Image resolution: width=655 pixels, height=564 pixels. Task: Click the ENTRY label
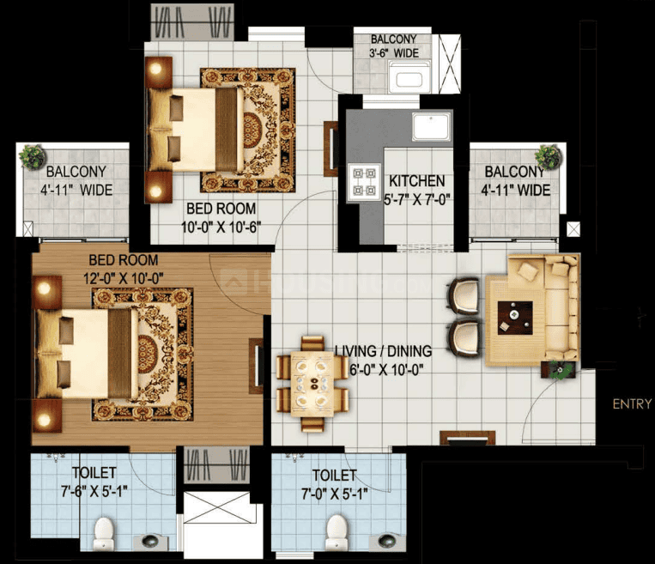632,404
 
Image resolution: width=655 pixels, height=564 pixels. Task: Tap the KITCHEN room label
417,181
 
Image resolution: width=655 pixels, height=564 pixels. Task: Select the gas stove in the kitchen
364,182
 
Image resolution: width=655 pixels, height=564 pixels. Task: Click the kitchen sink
431,127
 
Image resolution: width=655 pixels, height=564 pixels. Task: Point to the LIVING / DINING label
384,351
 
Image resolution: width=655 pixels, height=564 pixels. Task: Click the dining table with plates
312,385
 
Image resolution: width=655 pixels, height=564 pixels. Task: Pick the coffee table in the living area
515,318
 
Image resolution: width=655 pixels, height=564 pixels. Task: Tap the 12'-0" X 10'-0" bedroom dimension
124,278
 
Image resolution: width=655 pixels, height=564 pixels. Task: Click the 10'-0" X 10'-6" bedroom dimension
221,227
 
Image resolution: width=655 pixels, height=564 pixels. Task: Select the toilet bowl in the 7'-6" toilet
104,533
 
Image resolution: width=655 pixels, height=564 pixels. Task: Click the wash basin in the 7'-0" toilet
387,541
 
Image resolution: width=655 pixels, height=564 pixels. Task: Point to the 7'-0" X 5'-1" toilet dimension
335,494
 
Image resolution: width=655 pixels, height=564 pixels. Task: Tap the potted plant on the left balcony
32,156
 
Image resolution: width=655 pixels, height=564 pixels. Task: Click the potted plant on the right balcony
549,156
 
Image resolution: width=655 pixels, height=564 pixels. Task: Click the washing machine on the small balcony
409,76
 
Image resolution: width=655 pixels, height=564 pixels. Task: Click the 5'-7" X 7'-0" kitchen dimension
417,200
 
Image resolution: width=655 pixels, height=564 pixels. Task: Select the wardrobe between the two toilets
217,464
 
